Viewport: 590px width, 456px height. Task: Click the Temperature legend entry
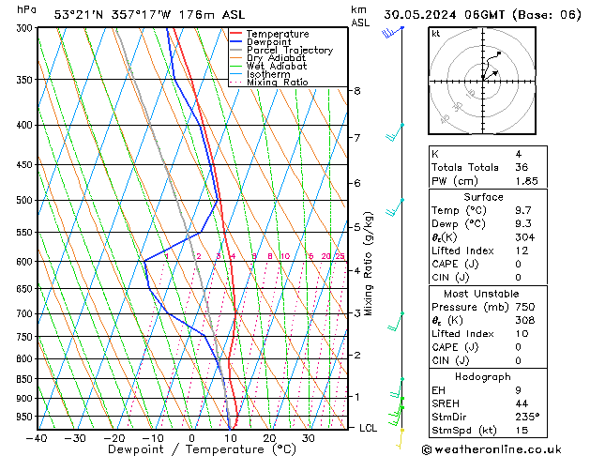(278, 34)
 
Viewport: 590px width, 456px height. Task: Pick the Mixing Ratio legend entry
(277, 83)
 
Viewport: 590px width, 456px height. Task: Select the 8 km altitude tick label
(356, 91)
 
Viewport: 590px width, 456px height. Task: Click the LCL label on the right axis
(370, 428)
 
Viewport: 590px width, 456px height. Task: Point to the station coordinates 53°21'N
(79, 14)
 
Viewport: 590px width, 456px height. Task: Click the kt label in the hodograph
(435, 33)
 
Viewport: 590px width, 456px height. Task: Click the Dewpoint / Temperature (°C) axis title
(191, 449)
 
